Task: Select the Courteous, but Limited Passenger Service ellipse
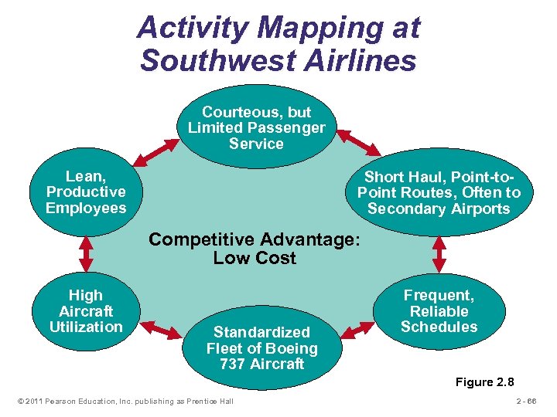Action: [x=256, y=127]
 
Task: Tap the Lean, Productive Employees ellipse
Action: [x=86, y=192]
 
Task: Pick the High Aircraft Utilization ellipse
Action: [x=85, y=311]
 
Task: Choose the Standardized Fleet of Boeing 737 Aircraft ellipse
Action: [x=261, y=347]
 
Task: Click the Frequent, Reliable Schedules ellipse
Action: [x=439, y=311]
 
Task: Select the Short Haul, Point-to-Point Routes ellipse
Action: [x=439, y=193]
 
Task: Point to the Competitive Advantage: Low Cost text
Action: [x=255, y=249]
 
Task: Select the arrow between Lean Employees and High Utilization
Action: [x=86, y=252]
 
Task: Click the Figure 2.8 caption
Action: [x=484, y=382]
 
